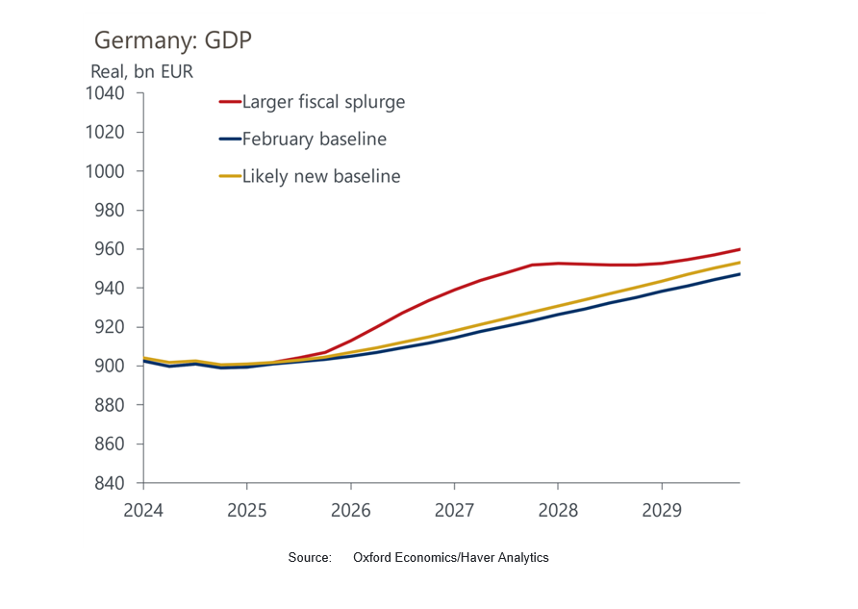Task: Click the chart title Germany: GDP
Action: tap(173, 40)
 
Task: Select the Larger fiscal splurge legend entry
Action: tap(323, 101)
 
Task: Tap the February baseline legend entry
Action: tap(314, 139)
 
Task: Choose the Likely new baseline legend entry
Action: tap(320, 176)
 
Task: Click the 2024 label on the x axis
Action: tap(142, 509)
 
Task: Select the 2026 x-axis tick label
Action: tap(350, 509)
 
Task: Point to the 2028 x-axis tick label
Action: tap(558, 509)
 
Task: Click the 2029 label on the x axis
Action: tap(662, 509)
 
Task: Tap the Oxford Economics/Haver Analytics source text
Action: tap(450, 558)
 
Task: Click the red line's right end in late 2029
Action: tap(739, 249)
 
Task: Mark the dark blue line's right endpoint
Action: tap(739, 274)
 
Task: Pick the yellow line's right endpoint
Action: tap(739, 263)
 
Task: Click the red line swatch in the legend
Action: tap(229, 101)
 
